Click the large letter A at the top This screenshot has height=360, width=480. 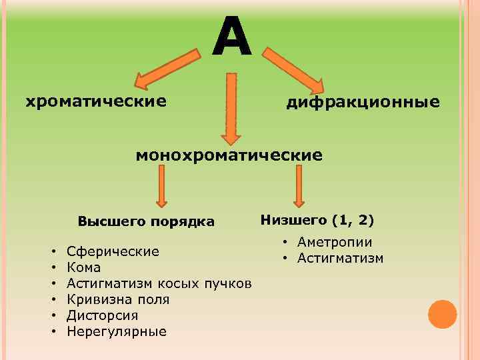point(232,35)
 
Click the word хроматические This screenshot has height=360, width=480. point(95,101)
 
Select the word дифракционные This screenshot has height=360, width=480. point(363,102)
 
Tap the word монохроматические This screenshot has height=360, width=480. point(229,155)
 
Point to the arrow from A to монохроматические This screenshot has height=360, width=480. point(231,107)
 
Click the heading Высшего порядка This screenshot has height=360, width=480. point(146,221)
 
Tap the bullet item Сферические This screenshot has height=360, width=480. point(113,251)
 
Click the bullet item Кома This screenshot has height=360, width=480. point(84,267)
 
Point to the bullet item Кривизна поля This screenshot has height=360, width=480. point(118,299)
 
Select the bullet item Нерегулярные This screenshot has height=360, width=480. point(117,331)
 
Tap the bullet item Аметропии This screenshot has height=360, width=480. point(335,242)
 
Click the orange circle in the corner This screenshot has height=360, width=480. point(442,314)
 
